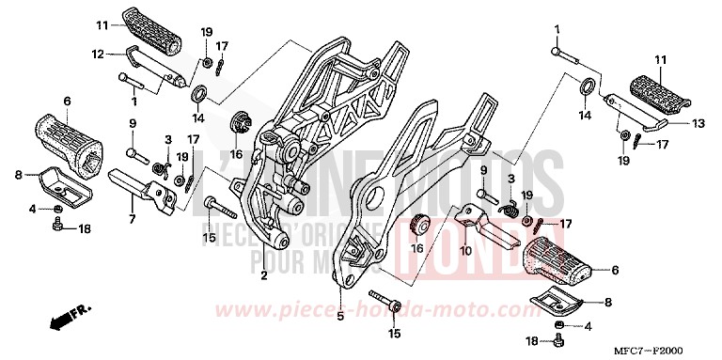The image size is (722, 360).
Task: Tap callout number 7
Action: [x=132, y=218]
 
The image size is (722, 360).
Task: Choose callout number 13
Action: [x=697, y=122]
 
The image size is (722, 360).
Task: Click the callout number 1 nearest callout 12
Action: [x=134, y=101]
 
